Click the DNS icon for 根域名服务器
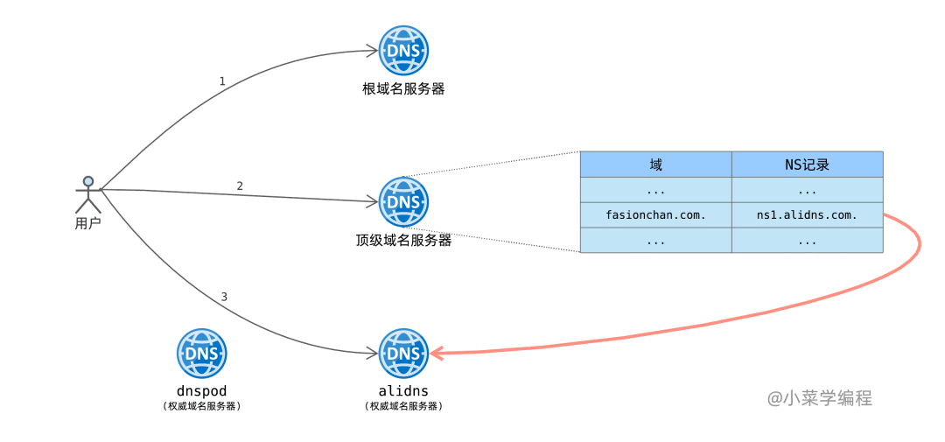click(x=403, y=51)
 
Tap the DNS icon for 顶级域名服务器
click(x=403, y=202)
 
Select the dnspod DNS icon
click(x=202, y=354)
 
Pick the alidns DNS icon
click(x=403, y=354)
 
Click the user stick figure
click(x=87, y=194)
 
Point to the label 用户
click(x=87, y=223)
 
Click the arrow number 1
click(x=222, y=81)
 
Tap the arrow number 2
click(x=240, y=186)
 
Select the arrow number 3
click(x=224, y=297)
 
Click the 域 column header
click(x=656, y=165)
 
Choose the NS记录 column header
click(x=807, y=165)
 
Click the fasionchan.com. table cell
click(x=656, y=214)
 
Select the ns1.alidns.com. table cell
click(x=807, y=214)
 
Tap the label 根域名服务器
click(x=403, y=88)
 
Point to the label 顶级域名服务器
click(x=403, y=240)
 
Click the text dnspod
click(x=202, y=390)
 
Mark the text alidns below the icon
click(x=403, y=390)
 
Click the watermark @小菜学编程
click(x=820, y=398)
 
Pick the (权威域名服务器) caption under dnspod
click(x=202, y=406)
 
